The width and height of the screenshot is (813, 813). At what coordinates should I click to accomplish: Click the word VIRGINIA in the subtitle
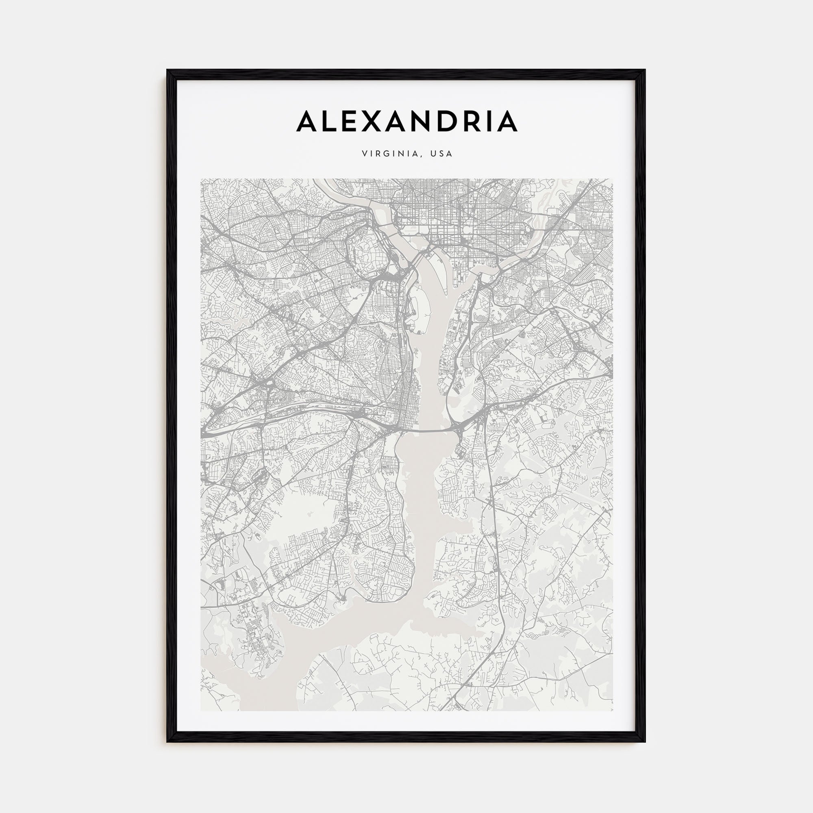point(389,154)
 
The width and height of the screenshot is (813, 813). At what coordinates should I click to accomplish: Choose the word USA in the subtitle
point(441,154)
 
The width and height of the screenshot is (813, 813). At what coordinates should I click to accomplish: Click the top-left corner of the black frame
point(167,70)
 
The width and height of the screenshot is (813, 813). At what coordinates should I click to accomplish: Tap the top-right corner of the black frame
point(645,70)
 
